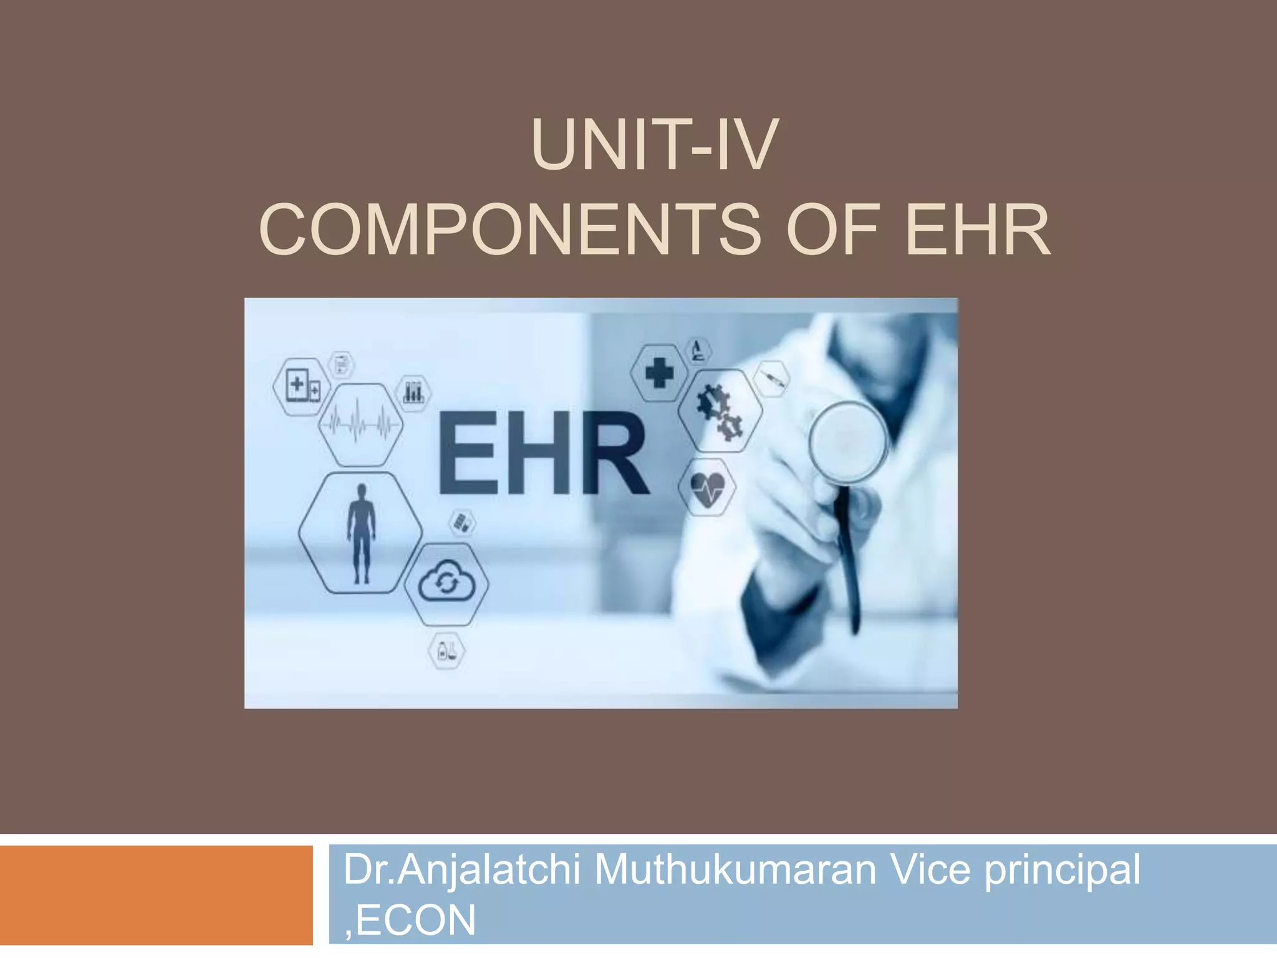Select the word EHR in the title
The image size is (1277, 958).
978,230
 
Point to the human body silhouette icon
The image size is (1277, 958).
361,533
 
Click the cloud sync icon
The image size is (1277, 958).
446,584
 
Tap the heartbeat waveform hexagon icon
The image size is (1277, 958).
360,425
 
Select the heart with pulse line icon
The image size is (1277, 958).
708,487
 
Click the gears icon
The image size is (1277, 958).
720,411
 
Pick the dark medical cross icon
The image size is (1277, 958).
659,374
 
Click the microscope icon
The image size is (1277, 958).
698,351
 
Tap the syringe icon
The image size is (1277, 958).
771,379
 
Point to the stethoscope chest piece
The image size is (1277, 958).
848,442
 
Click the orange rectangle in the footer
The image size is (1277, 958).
156,894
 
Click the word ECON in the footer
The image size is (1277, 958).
415,920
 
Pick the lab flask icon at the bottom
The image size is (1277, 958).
446,651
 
